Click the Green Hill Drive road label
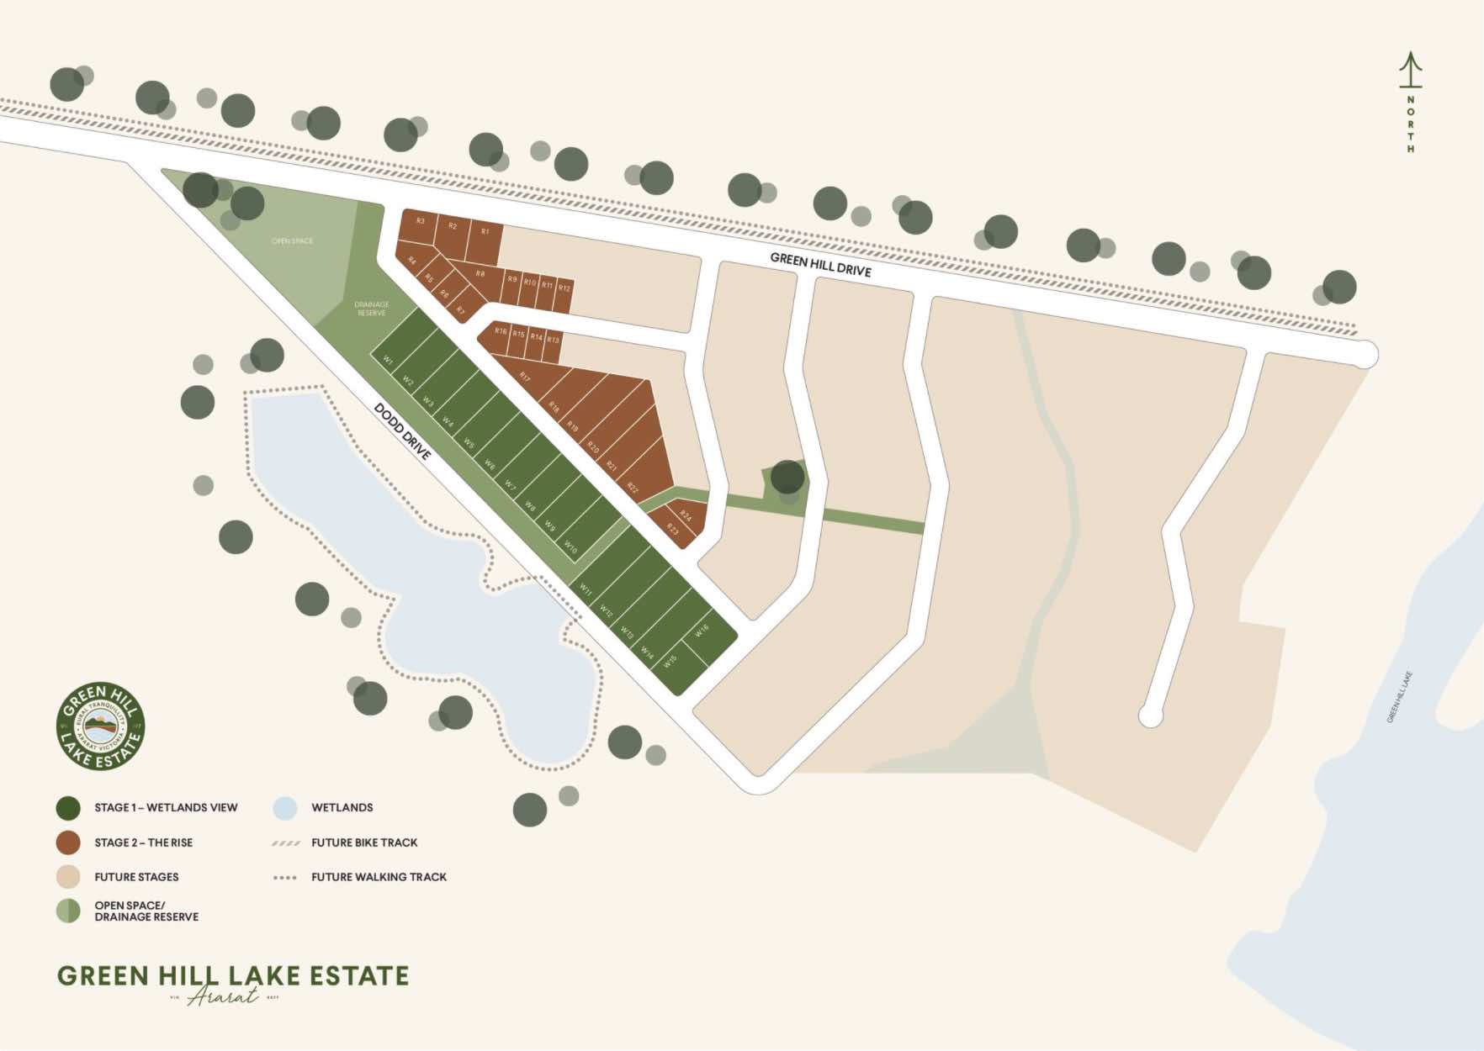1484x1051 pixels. (820, 264)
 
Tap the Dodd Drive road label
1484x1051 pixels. (402, 431)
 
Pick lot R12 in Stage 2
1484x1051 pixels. (564, 288)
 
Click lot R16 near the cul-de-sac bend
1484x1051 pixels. (501, 331)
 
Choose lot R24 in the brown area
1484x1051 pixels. (686, 515)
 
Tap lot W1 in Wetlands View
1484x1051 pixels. (388, 360)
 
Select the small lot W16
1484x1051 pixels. (702, 631)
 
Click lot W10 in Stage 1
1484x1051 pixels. (570, 547)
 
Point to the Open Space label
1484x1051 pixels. (292, 241)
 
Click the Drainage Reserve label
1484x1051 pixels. (371, 309)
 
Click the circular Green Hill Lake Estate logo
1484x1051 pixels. (101, 726)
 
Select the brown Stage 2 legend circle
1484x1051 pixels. (68, 842)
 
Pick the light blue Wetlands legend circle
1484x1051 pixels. (285, 808)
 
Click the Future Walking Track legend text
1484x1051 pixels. (379, 877)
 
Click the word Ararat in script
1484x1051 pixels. (223, 997)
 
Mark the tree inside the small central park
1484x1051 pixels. (787, 477)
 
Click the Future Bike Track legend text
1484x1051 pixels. (364, 842)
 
